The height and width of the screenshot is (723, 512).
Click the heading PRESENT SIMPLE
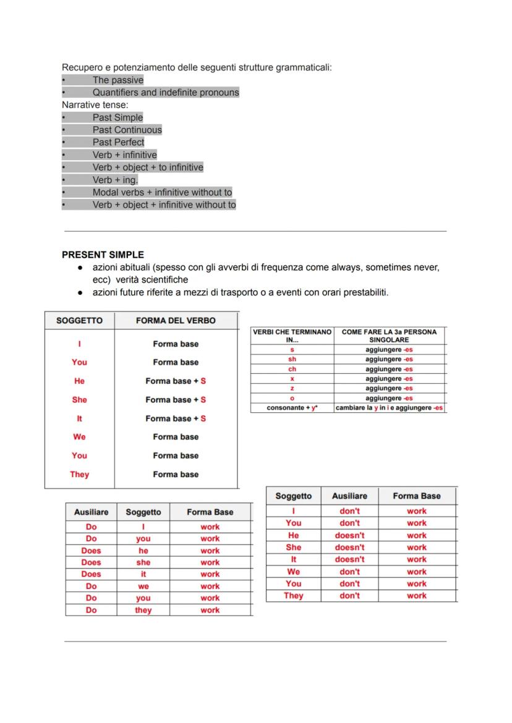(103, 255)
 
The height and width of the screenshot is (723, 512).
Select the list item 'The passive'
(117, 80)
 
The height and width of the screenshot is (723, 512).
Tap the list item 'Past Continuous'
(127, 130)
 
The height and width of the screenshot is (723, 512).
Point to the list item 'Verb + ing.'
(115, 180)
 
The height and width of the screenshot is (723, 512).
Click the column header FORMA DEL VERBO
(176, 321)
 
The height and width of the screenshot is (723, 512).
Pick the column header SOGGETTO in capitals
(79, 321)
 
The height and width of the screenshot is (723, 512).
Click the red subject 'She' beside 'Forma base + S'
(79, 400)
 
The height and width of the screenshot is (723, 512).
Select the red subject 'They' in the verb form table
(79, 475)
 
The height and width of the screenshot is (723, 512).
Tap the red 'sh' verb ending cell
(292, 359)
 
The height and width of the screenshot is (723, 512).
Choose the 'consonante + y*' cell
(292, 408)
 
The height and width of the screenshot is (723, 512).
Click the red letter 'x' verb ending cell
(292, 379)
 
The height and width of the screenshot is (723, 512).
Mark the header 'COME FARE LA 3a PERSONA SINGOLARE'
(389, 336)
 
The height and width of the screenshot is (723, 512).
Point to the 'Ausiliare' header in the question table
(91, 512)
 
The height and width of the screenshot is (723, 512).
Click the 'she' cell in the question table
(143, 562)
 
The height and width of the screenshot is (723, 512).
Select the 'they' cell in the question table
(143, 610)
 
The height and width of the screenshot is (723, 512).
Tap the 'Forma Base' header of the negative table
(417, 496)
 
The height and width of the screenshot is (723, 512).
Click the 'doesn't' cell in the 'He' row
(349, 535)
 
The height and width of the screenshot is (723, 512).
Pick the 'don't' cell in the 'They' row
(349, 596)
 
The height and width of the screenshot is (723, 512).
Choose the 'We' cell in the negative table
(294, 572)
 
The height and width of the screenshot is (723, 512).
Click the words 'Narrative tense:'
(95, 105)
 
